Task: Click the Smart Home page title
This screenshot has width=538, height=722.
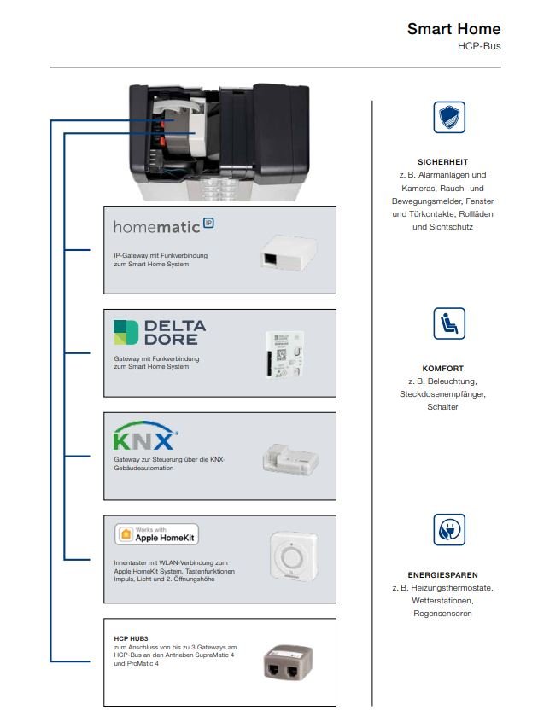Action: [453, 29]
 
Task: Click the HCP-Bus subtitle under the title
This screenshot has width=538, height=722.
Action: [481, 46]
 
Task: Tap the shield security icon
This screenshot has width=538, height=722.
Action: [449, 118]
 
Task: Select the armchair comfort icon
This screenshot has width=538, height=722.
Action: [449, 323]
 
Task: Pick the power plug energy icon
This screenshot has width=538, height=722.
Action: [449, 530]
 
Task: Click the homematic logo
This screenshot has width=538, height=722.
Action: [163, 226]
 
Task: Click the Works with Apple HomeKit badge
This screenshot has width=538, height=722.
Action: [156, 534]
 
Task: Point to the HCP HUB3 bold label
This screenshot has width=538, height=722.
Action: [132, 638]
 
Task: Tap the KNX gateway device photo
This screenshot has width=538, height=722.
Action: [289, 459]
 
